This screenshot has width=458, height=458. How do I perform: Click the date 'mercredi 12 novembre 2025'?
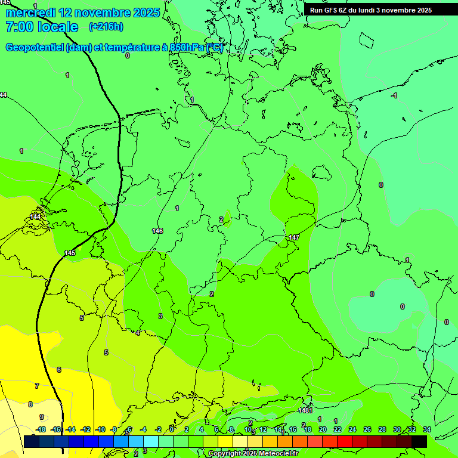coord(82,13)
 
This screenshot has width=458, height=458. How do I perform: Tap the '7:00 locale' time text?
coord(42,27)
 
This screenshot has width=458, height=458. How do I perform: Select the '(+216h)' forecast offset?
coord(106,27)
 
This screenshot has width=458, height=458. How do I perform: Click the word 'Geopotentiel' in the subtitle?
coord(34,48)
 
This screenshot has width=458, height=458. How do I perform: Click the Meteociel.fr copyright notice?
coord(253,454)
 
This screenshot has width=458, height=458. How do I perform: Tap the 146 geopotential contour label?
coord(157,231)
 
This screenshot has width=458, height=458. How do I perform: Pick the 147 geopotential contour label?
coord(293,237)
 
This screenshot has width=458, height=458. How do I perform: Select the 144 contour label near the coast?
coord(35,216)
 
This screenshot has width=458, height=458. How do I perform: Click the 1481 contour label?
coord(305,410)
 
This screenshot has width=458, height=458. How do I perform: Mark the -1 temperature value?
coord(394,96)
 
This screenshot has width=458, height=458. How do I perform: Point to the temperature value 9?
coord(41,417)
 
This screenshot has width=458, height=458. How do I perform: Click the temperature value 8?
coord(30,404)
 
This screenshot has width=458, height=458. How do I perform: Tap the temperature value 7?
coord(37,386)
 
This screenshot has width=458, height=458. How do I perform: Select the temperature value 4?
coord(138,333)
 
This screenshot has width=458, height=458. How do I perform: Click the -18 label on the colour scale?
coord(41,429)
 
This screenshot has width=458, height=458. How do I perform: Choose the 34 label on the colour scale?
coord(427,429)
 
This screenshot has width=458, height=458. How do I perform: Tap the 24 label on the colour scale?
coord(352,429)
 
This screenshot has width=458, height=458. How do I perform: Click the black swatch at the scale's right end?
coord(419,441)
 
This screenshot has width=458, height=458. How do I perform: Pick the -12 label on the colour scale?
coord(85,429)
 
